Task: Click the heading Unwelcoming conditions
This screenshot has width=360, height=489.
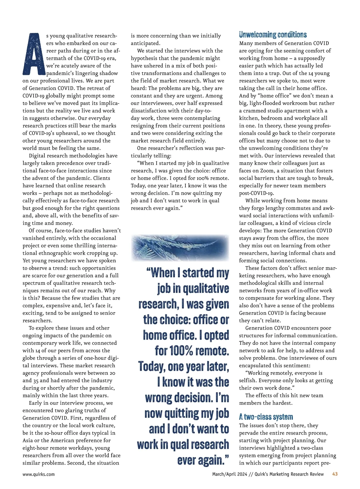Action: (x=273, y=35)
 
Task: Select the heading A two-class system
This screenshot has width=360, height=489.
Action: (x=266, y=417)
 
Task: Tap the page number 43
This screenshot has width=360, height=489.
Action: (x=335, y=474)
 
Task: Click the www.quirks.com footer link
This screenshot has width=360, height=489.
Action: (x=38, y=474)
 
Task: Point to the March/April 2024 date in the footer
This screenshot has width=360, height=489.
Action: (x=229, y=474)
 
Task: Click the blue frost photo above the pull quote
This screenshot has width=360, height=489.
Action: (x=180, y=248)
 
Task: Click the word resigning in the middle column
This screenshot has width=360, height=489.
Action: (x=143, y=126)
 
